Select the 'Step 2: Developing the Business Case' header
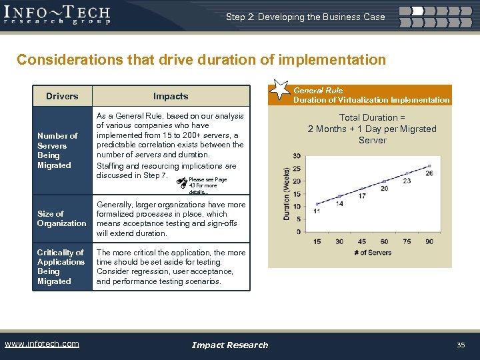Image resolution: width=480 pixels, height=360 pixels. (x=305, y=17)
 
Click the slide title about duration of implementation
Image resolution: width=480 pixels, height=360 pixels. (x=201, y=60)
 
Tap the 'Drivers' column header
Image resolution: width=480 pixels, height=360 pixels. (x=62, y=96)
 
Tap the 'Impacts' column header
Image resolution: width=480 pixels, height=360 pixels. (x=171, y=96)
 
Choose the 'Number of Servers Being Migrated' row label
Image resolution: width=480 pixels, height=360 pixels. (x=57, y=151)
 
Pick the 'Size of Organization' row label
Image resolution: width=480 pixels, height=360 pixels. (x=61, y=219)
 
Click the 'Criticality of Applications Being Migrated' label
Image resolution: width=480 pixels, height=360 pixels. (x=61, y=267)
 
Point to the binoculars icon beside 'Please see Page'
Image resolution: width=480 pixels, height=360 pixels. (x=181, y=181)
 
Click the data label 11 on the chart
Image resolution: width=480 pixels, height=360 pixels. (x=317, y=211)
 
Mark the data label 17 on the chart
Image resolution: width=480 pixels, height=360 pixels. (x=361, y=196)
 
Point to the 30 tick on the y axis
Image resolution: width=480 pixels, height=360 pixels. (x=296, y=156)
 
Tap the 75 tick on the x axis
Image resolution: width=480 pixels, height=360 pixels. (x=407, y=241)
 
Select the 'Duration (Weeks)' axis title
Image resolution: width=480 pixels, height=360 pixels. (x=287, y=193)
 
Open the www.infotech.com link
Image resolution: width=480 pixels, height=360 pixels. (x=41, y=344)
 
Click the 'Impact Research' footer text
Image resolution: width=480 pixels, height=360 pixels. (x=229, y=345)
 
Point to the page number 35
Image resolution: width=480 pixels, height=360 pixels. (x=460, y=345)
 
